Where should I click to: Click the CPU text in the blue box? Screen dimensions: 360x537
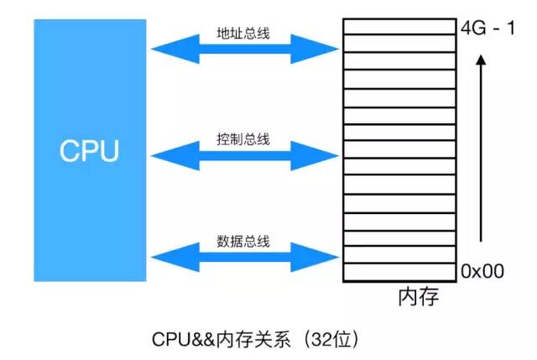[89, 151]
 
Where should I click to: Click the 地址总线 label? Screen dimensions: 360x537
[243, 38]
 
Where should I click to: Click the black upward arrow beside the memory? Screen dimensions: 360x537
[479, 151]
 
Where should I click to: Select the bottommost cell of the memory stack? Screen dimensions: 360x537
[399, 271]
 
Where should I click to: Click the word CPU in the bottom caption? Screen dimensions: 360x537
[169, 339]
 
